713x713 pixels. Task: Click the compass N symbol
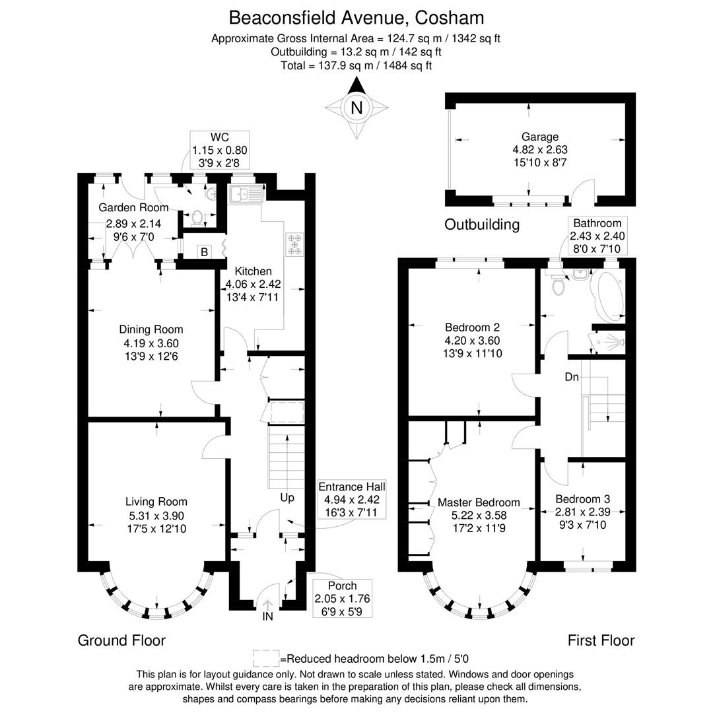tap(356, 108)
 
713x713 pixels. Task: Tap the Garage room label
tap(541, 137)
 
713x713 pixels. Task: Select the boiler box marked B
tap(205, 252)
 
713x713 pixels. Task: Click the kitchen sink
tap(246, 194)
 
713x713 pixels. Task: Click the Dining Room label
tap(151, 329)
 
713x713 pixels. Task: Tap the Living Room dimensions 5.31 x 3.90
tap(158, 516)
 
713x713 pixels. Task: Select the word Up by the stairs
tap(287, 497)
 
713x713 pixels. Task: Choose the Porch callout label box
tap(342, 598)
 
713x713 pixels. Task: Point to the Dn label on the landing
tap(572, 378)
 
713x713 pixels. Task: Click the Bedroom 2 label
tap(472, 327)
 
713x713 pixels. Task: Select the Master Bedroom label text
tap(479, 502)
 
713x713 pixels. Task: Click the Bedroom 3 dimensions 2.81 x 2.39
tap(582, 512)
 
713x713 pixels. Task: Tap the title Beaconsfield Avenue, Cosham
tap(356, 17)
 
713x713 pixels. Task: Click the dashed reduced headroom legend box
tap(266, 658)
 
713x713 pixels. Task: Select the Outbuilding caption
tap(481, 224)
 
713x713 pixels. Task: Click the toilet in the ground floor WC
tap(197, 216)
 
